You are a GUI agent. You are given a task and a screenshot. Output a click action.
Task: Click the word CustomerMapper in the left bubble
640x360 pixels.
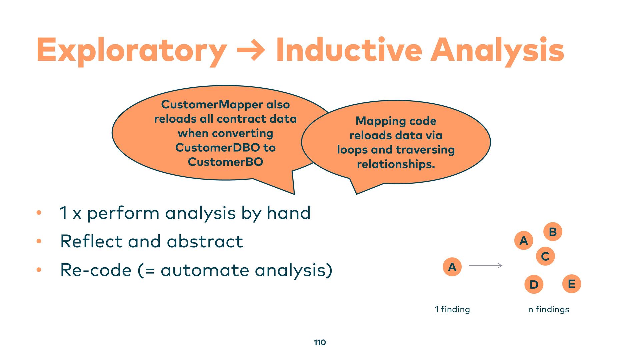point(212,104)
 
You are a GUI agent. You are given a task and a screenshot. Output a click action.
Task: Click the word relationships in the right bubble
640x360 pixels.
point(395,164)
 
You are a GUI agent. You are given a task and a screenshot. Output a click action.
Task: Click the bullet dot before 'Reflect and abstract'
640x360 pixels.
point(39,241)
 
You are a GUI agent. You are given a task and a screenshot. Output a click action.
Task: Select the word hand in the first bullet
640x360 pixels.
point(289,213)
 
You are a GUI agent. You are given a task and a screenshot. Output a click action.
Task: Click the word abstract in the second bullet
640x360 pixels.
point(205,241)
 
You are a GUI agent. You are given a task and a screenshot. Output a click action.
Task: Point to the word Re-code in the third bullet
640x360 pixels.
point(96,270)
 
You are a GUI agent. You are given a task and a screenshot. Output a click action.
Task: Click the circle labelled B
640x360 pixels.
point(553,232)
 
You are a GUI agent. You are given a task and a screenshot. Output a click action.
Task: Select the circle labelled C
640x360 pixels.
point(545,256)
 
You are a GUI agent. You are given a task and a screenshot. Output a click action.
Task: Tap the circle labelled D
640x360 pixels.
point(534,284)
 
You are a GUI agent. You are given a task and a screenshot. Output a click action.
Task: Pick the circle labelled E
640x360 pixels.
point(572,284)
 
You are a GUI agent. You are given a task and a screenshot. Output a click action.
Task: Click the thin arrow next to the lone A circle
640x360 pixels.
point(486,266)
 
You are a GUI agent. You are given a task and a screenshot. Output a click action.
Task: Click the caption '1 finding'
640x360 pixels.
point(452,309)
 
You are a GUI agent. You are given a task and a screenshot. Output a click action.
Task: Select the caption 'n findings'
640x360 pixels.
point(549,309)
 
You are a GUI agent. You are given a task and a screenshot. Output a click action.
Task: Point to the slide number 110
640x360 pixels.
point(320,342)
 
